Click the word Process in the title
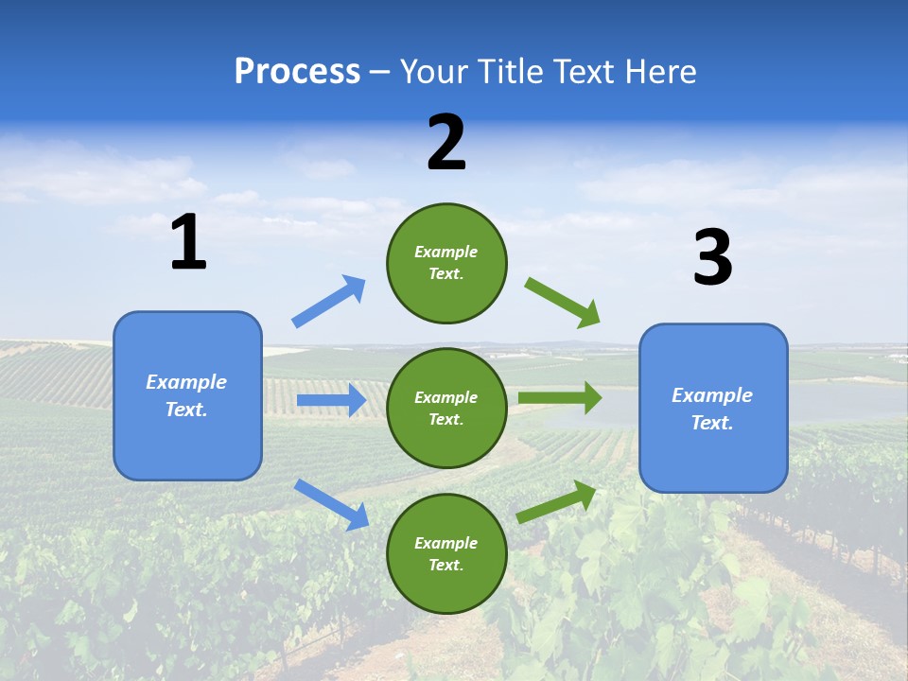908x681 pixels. [x=297, y=72]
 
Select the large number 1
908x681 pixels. [x=188, y=243]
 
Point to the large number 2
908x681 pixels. [x=446, y=143]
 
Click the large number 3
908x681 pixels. [x=712, y=258]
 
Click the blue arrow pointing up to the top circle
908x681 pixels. [x=329, y=302]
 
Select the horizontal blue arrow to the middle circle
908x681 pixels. [x=331, y=400]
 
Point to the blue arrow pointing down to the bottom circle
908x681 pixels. [x=331, y=504]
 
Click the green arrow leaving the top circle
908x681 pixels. [x=563, y=302]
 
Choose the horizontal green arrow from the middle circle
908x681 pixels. [x=560, y=398]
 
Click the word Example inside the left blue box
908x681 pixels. [x=186, y=382]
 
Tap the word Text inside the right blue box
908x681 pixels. [x=711, y=423]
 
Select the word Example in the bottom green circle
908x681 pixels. [x=446, y=543]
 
